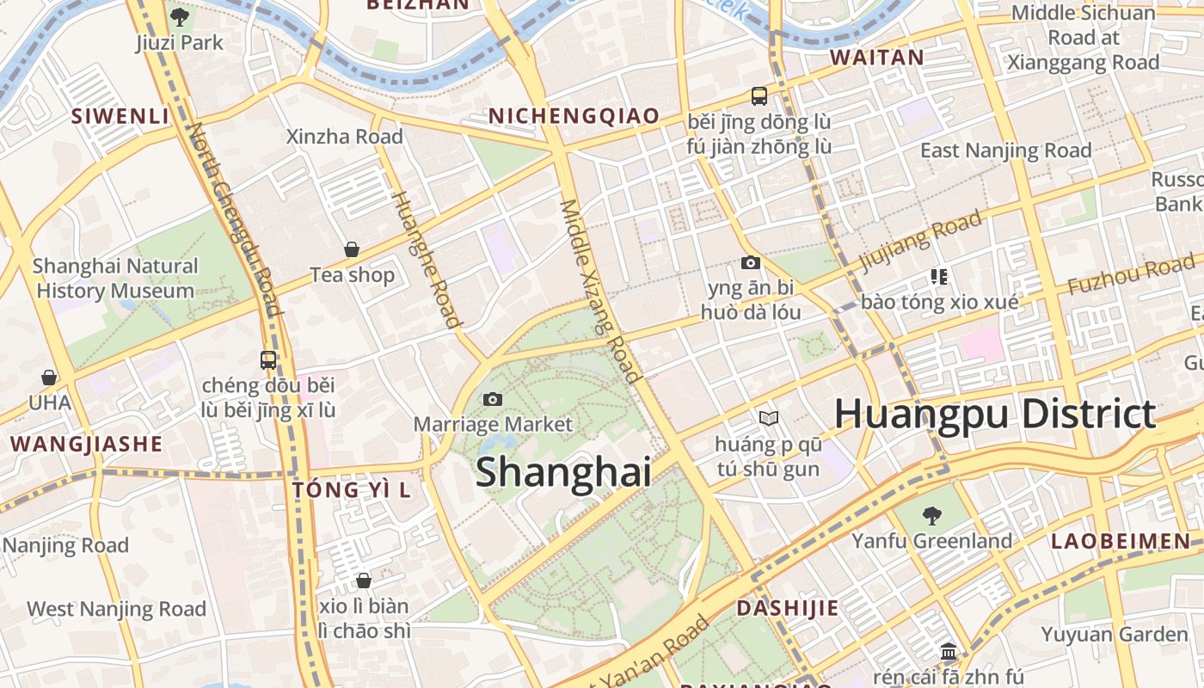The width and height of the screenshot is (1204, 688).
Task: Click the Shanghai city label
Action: pyautogui.click(x=562, y=472)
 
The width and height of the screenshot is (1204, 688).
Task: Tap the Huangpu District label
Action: pyautogui.click(x=995, y=415)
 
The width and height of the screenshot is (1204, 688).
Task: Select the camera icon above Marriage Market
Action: pyautogui.click(x=493, y=399)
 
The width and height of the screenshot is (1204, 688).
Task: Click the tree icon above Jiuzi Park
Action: pyautogui.click(x=180, y=16)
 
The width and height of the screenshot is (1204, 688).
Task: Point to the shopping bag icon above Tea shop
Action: pyautogui.click(x=352, y=249)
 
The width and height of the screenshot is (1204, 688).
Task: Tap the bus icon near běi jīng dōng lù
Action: pyautogui.click(x=759, y=96)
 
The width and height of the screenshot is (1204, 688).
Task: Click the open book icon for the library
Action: pyautogui.click(x=768, y=419)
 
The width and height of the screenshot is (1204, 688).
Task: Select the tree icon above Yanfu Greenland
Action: pyautogui.click(x=931, y=516)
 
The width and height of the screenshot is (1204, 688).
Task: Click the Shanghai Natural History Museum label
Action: pyautogui.click(x=115, y=279)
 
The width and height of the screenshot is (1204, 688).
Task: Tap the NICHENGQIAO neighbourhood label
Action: pyautogui.click(x=574, y=116)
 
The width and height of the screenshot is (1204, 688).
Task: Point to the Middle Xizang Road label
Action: pyautogui.click(x=600, y=291)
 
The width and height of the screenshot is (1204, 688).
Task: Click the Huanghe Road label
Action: pyautogui.click(x=427, y=258)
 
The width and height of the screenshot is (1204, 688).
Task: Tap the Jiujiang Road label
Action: pyautogui.click(x=920, y=240)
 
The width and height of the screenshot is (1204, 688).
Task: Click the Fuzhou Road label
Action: pyautogui.click(x=1131, y=275)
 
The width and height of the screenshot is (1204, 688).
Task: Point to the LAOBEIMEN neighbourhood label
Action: pyautogui.click(x=1121, y=542)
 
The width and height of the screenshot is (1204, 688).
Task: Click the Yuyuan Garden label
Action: pyautogui.click(x=1114, y=635)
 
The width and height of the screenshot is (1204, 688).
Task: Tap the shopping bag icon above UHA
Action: pyautogui.click(x=49, y=378)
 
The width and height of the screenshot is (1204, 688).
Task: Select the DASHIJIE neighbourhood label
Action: pyautogui.click(x=787, y=609)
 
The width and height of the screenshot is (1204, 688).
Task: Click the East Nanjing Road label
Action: pyautogui.click(x=1005, y=150)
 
